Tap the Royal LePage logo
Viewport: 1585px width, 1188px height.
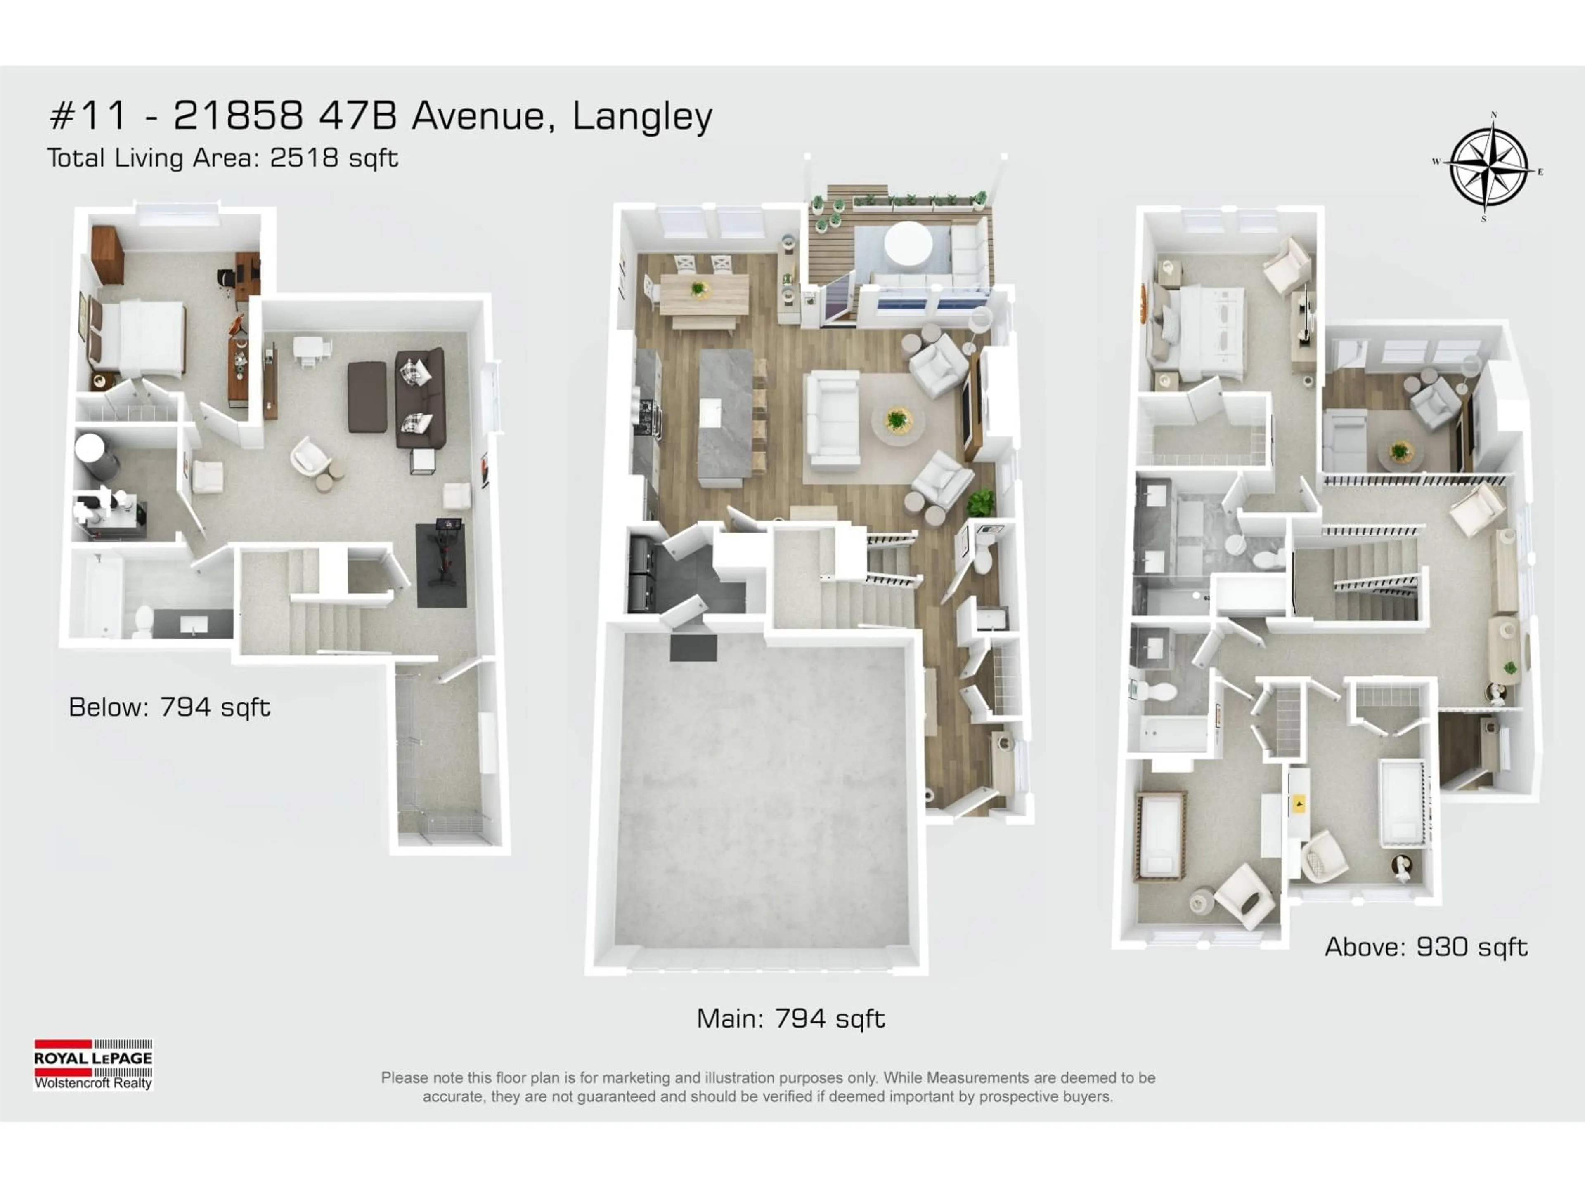tap(93, 1065)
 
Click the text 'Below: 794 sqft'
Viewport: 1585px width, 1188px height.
tap(169, 707)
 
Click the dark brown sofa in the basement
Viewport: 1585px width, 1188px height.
tap(420, 397)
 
